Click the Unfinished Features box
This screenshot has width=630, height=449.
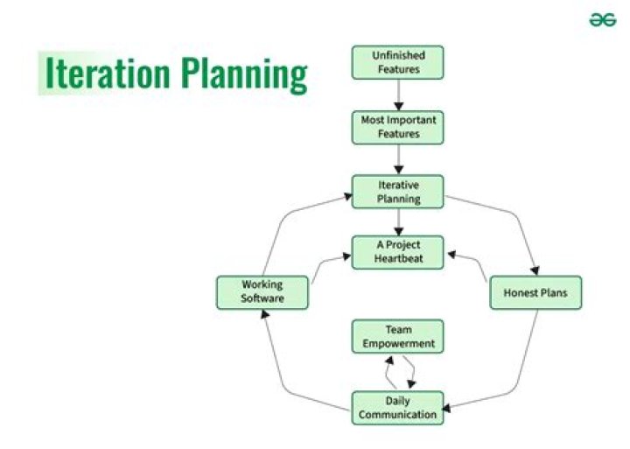pos(398,62)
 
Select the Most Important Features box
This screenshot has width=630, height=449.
pos(398,128)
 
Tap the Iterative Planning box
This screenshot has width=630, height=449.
pos(398,193)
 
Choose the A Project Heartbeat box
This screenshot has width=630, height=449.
pos(398,252)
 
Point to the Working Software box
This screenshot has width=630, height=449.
pos(262,292)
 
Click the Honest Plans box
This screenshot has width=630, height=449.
pos(535,292)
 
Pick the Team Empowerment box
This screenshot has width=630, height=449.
pos(398,337)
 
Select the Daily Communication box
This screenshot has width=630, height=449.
pos(398,407)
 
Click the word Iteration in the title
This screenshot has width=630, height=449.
pos(106,74)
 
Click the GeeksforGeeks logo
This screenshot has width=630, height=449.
pos(602,21)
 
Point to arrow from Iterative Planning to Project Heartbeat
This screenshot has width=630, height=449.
pos(398,222)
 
